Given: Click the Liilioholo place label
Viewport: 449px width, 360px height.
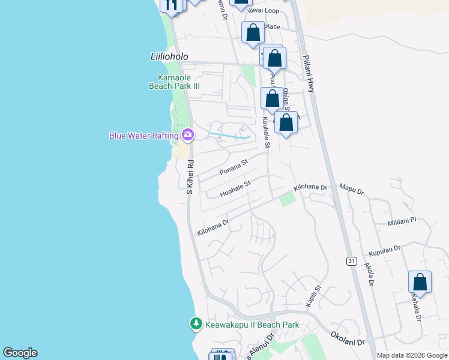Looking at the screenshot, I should tap(169, 56).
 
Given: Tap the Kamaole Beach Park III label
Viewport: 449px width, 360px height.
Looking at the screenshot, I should tap(174, 82).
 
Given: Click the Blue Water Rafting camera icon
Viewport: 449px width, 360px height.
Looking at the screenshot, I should tap(188, 135).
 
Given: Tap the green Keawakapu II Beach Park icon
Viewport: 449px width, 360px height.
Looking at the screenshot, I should tap(196, 324).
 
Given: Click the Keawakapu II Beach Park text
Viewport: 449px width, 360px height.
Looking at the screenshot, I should tap(252, 325).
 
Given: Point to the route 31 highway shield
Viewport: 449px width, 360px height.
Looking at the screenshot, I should tap(351, 261).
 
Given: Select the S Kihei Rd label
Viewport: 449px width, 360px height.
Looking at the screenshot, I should tap(190, 176).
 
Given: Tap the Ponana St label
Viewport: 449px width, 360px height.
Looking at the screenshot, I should tap(234, 167).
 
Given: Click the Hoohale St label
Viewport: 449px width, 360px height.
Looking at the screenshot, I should tap(235, 190).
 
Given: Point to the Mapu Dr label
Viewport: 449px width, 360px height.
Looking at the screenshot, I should tap(352, 190).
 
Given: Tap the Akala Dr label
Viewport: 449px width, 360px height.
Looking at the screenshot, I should tap(369, 274).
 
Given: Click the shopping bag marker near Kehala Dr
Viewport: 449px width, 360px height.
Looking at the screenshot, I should tap(420, 282).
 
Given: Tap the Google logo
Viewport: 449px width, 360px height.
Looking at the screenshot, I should tap(20, 353).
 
